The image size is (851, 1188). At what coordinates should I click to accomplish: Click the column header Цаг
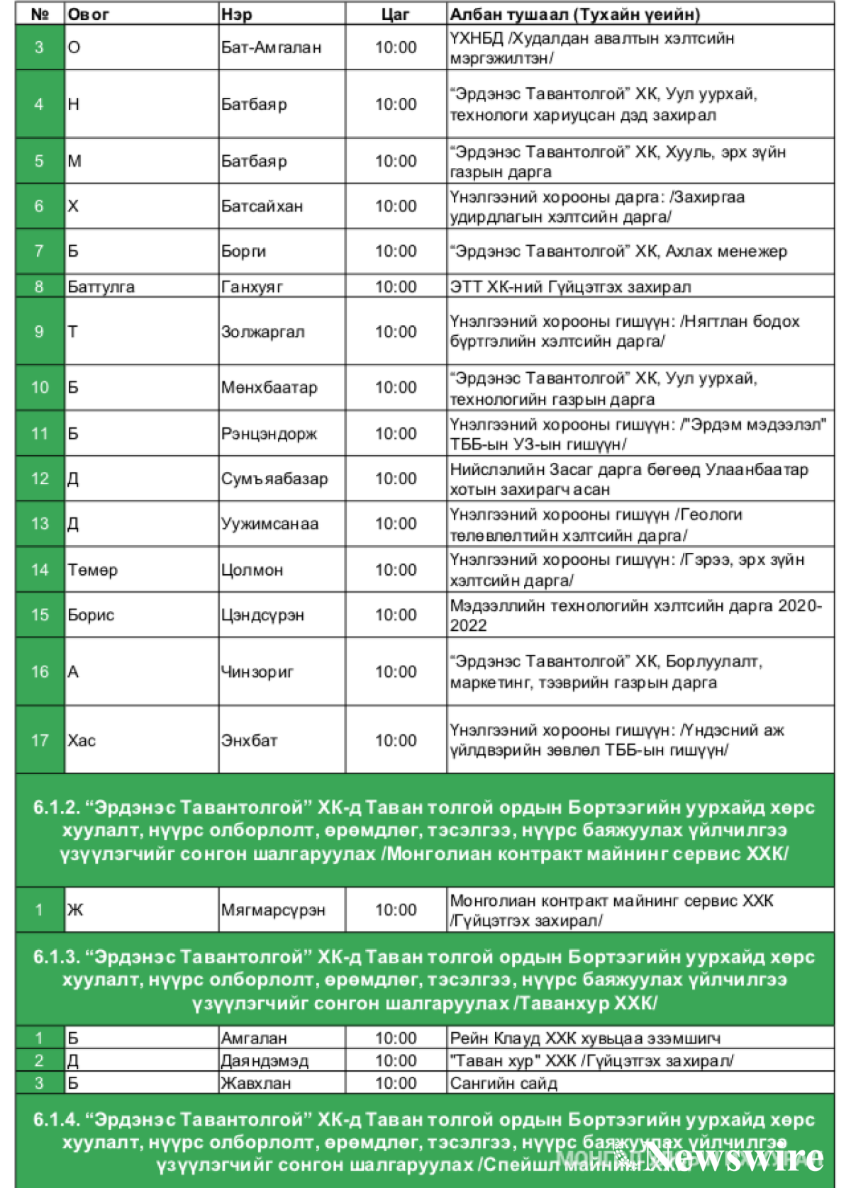(395, 14)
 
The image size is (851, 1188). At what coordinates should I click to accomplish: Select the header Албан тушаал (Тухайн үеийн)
(575, 14)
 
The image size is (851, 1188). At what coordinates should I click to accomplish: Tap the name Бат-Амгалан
(271, 47)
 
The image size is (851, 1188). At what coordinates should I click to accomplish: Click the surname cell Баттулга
(101, 286)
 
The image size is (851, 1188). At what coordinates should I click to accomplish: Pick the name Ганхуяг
(252, 286)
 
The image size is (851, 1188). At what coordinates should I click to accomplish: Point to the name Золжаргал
(262, 332)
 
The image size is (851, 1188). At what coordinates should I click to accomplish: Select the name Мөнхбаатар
(269, 388)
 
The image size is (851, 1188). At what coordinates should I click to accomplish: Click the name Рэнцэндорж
(269, 433)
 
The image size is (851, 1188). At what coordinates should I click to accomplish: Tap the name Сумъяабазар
(274, 478)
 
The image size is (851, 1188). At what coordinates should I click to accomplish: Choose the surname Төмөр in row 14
(92, 570)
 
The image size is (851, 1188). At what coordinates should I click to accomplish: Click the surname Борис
(91, 615)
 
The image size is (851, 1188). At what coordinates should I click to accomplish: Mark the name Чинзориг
(257, 671)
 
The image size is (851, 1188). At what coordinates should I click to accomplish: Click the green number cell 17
(40, 740)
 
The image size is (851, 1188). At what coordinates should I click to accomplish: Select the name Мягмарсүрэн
(273, 909)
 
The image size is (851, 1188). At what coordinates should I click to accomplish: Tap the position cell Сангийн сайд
(504, 1083)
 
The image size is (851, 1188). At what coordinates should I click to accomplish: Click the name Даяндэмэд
(265, 1060)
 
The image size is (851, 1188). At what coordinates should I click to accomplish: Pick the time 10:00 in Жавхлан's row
(395, 1083)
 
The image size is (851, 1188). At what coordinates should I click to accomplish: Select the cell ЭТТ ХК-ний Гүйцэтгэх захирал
(570, 286)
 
